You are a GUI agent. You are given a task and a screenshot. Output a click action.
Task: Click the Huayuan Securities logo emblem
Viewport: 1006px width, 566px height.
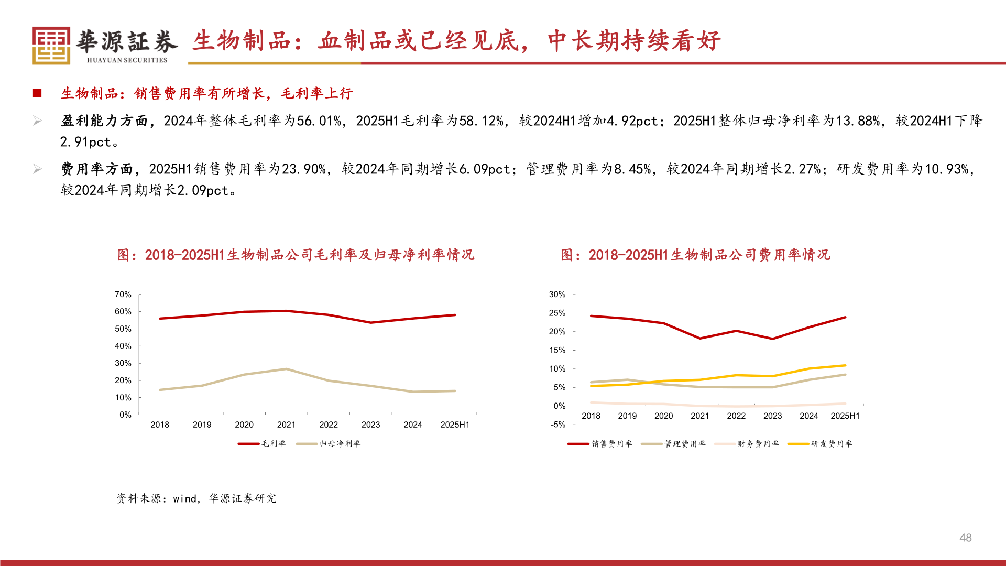click(51, 46)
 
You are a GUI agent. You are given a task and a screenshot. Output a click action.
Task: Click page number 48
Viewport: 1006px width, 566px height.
click(965, 538)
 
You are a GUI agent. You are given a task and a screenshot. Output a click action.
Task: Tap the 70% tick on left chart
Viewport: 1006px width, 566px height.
click(123, 295)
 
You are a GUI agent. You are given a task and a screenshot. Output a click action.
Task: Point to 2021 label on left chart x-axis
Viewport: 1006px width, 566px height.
click(286, 424)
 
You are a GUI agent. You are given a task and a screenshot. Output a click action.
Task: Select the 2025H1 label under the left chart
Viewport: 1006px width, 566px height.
click(455, 424)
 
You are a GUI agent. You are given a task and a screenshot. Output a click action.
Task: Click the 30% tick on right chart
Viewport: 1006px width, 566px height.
click(557, 295)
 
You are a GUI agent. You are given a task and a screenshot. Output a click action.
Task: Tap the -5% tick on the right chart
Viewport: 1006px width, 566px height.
click(558, 424)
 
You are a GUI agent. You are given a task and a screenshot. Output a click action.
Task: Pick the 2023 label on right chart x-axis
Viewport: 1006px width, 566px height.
click(772, 416)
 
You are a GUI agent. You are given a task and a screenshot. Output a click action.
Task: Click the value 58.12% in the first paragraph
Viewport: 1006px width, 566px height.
click(481, 121)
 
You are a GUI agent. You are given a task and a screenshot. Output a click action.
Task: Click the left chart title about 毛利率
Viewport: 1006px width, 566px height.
click(296, 255)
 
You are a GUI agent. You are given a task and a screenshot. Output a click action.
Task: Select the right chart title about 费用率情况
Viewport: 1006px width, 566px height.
click(695, 255)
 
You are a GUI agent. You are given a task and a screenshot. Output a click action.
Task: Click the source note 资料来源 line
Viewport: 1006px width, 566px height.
click(196, 498)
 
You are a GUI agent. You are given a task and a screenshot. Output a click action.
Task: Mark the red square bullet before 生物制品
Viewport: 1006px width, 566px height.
click(37, 93)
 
